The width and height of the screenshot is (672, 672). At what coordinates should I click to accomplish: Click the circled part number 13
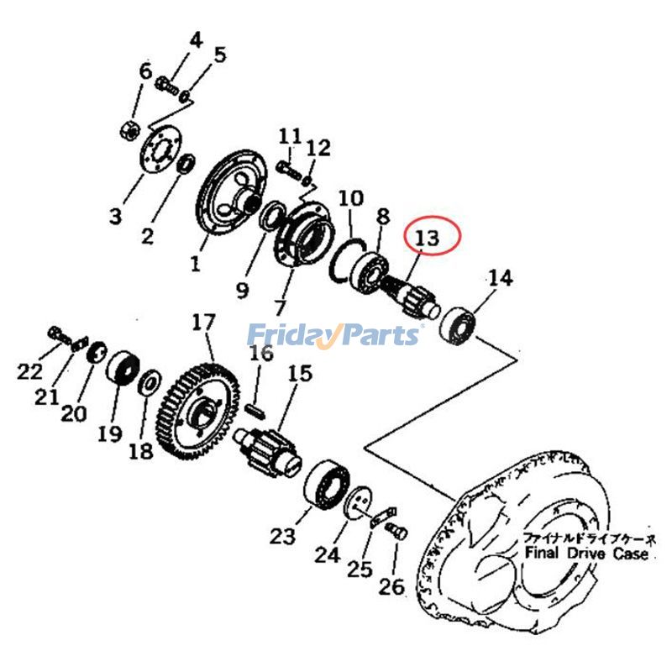(x=427, y=238)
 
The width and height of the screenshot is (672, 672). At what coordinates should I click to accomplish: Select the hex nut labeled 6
(x=129, y=129)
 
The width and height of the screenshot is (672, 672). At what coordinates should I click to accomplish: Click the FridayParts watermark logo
(x=334, y=334)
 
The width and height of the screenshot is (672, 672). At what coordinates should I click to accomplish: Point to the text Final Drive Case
(x=586, y=554)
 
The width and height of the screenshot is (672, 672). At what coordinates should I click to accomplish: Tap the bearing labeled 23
(x=327, y=486)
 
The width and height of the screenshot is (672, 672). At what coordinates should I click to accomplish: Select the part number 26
(x=391, y=586)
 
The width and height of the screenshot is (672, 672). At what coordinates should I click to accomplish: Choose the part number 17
(x=203, y=323)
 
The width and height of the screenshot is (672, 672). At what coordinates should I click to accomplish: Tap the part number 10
(x=350, y=199)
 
